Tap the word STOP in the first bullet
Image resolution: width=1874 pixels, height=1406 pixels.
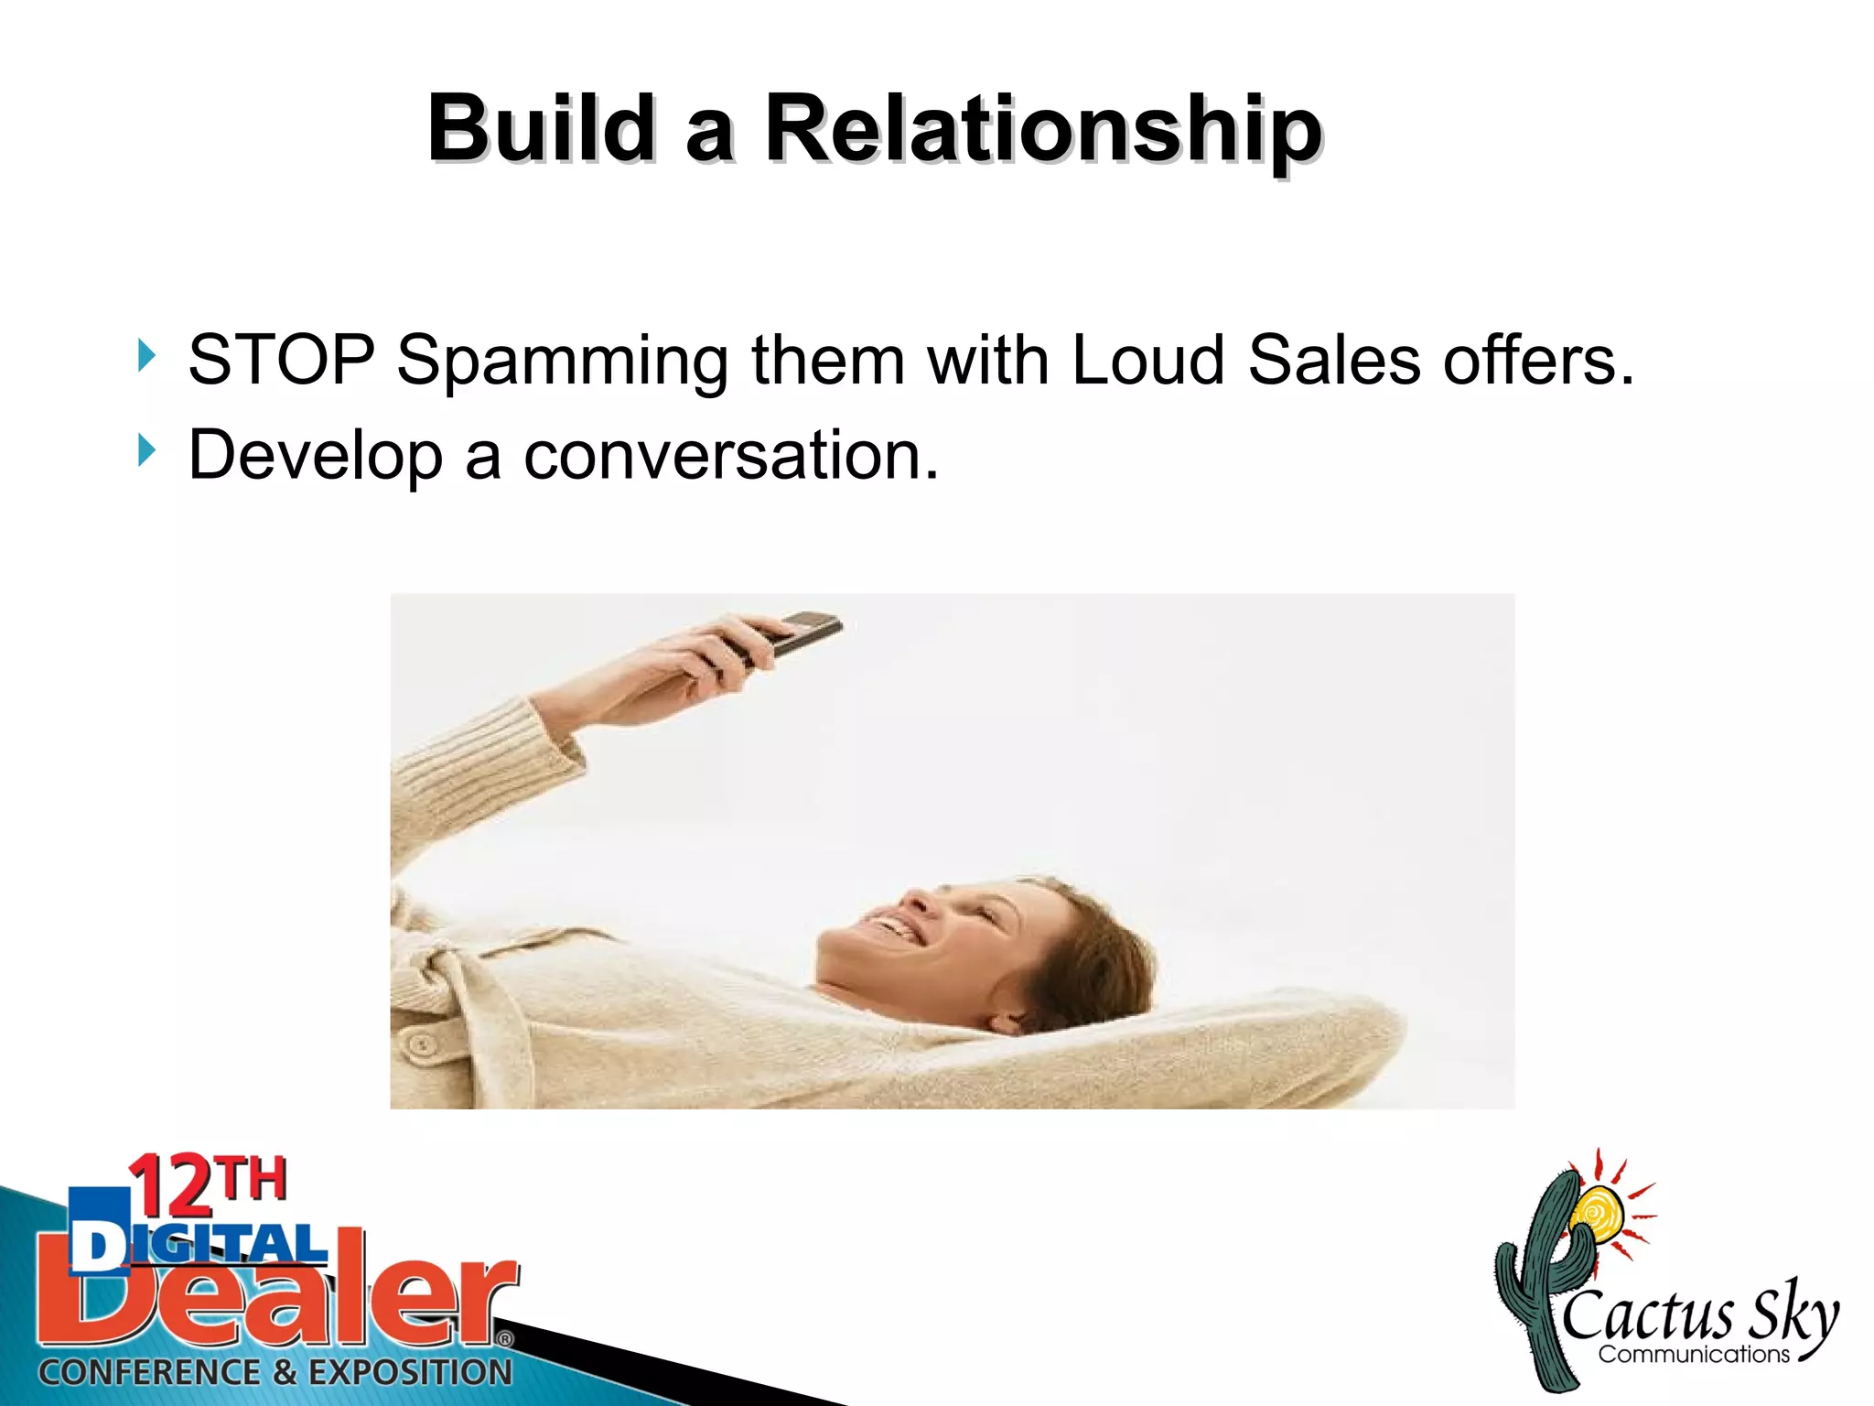[x=281, y=360]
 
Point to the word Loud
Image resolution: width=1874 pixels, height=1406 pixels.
[x=1147, y=360]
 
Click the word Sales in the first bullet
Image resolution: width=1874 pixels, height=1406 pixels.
[x=1333, y=360]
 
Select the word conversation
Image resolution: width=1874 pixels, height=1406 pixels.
[x=730, y=456]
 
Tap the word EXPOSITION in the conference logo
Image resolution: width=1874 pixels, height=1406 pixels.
[x=410, y=1372]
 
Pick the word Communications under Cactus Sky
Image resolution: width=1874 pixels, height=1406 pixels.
[x=1693, y=1354]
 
